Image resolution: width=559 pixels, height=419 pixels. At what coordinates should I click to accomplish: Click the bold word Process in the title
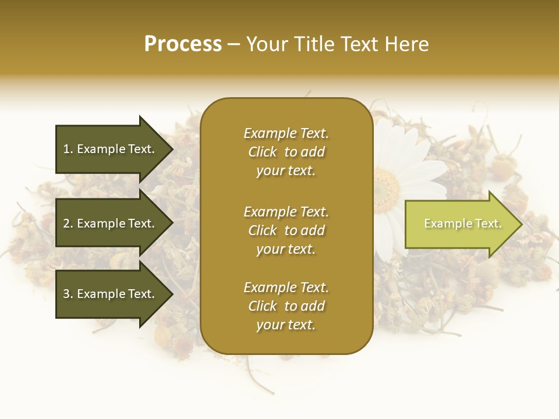tap(183, 44)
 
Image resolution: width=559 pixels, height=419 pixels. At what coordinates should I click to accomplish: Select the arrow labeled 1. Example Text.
tap(111, 149)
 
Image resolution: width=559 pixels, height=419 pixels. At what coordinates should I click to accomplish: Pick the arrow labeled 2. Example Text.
tap(111, 223)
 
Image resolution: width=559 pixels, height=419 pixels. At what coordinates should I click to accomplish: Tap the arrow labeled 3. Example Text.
tap(111, 294)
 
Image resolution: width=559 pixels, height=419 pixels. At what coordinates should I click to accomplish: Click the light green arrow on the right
tap(460, 224)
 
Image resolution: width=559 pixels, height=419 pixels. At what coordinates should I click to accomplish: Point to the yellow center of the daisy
tap(385, 187)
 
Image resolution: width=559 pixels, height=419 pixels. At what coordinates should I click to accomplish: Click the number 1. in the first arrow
tap(68, 149)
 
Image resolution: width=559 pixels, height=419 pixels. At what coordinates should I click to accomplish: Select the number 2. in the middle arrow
tap(68, 223)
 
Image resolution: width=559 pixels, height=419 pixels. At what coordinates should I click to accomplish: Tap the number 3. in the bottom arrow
tap(68, 294)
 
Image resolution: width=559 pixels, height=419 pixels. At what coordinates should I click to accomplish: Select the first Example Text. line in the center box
tap(286, 133)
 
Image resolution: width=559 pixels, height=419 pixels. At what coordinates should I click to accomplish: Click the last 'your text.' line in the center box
tap(286, 325)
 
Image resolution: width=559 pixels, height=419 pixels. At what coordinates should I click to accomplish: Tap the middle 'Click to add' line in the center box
tap(286, 230)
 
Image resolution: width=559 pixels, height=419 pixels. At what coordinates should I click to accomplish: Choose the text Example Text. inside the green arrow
tap(462, 223)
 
